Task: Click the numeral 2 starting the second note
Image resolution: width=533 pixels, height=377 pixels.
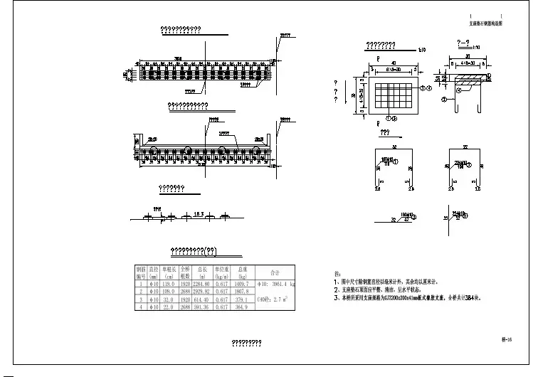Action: [x=336, y=290]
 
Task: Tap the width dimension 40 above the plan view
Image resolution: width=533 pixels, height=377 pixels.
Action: [x=392, y=63]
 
